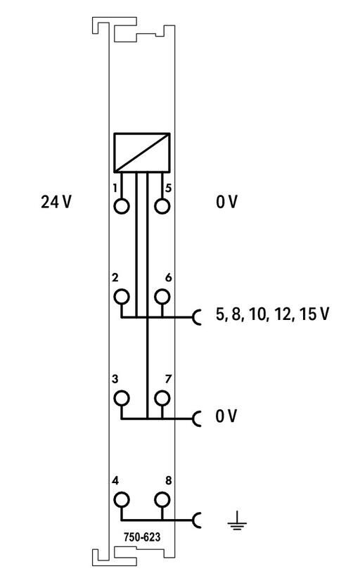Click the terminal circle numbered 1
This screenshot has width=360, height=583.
tap(122, 206)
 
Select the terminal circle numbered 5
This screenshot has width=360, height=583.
tap(162, 206)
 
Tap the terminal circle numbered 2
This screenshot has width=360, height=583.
tap(122, 297)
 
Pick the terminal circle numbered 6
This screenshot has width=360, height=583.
tap(162, 297)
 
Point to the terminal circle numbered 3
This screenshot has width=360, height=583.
tap(122, 398)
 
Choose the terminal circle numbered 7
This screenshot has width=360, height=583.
tap(162, 398)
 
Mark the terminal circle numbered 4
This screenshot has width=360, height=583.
tap(122, 500)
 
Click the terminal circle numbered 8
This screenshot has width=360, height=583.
tap(162, 500)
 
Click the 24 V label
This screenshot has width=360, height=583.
tap(56, 202)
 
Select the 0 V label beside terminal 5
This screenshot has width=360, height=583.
tap(226, 202)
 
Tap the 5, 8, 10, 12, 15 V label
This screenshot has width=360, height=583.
tap(272, 314)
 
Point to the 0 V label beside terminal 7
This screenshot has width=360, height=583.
tap(226, 416)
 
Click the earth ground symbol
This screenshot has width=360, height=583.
tap(237, 520)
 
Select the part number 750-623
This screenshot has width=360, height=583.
tap(142, 537)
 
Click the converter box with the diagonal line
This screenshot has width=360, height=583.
tap(142, 153)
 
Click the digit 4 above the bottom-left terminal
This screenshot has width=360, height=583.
tap(115, 481)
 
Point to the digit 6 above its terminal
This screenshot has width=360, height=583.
tap(169, 277)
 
